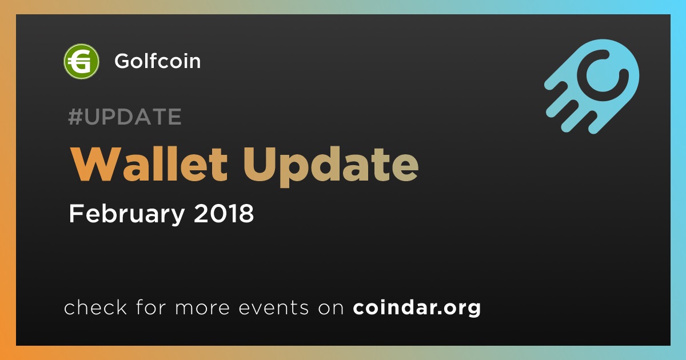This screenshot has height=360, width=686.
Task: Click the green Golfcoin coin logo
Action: coord(81,61)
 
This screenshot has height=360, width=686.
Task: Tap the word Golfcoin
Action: coord(158,61)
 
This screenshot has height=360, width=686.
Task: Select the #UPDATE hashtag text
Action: coord(125,117)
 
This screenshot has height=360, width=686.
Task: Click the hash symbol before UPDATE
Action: coord(75,117)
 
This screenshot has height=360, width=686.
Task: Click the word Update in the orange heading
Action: coord(331,167)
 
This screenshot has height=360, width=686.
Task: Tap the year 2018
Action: coord(224,213)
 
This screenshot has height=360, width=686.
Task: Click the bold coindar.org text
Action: coord(417,308)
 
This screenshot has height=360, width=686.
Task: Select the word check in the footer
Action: coord(95,307)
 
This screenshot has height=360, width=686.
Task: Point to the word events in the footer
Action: coord(274,307)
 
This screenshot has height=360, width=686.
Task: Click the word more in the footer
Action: coord(202,308)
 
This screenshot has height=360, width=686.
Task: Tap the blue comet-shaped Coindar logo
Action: coord(592,86)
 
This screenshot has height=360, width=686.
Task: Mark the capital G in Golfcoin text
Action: coord(123,61)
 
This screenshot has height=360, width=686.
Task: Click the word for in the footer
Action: coord(151,307)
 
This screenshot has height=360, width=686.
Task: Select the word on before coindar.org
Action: coord(331,308)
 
